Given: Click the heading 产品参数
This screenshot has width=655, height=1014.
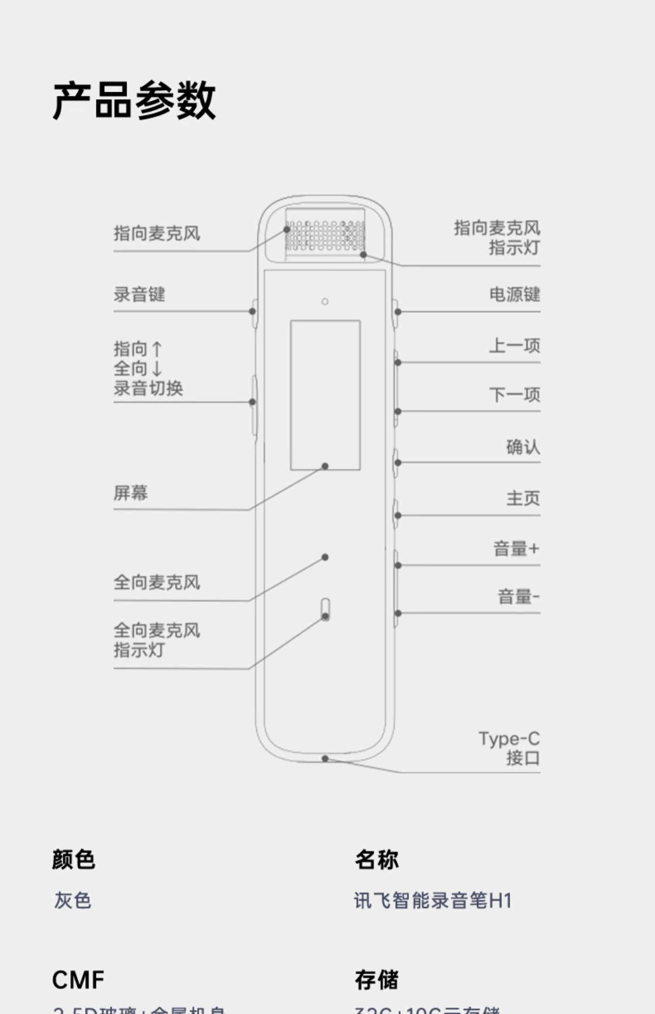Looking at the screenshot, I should tap(134, 100).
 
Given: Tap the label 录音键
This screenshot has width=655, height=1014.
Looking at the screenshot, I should tap(139, 294).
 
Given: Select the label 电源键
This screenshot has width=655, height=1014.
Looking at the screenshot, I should tap(514, 294).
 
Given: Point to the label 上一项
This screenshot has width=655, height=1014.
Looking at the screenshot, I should tap(514, 345).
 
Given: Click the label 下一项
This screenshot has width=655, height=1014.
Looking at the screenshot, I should tap(514, 394).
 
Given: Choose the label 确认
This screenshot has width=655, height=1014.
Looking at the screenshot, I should tap(523, 447).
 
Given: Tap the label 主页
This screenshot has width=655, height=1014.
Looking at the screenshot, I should tap(523, 498).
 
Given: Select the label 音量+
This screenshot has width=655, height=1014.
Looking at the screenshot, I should tap(516, 548).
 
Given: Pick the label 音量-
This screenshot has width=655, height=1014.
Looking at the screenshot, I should tap(518, 597).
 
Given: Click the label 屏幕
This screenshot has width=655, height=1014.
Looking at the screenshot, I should tap(131, 493).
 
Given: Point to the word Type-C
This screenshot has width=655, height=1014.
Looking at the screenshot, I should tap(509, 739).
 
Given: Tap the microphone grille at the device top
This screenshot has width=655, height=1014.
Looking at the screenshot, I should tap(325, 236).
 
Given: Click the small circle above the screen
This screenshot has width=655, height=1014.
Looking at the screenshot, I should tap(325, 301).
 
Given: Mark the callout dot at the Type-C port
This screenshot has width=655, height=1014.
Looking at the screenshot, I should tap(325, 759).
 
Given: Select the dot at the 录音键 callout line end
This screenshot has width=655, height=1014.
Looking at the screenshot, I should tap(252, 311).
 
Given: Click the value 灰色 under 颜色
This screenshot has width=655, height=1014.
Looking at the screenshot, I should tap(72, 900).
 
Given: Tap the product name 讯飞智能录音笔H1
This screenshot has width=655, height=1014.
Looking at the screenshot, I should tap(432, 900).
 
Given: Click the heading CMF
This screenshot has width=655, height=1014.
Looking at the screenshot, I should tap(78, 980).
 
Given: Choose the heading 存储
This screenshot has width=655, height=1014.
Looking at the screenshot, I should tap(376, 980).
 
